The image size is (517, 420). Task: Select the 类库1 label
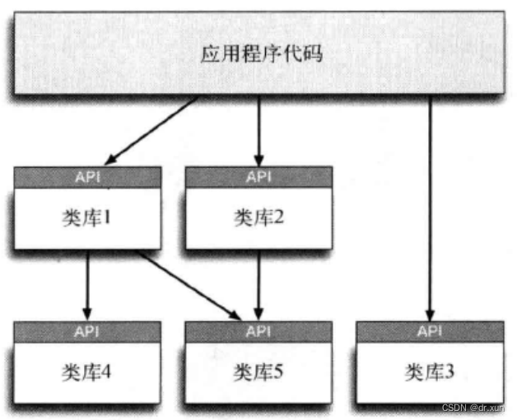86,217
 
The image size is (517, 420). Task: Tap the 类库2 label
258,217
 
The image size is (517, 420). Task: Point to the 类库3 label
429,371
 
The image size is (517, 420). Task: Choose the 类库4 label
86,371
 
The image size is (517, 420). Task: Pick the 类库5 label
258,371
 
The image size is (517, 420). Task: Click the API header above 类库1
86,176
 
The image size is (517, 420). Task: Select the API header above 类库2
258,176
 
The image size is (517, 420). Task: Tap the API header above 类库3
429,331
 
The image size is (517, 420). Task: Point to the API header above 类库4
86,331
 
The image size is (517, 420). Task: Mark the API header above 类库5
258,331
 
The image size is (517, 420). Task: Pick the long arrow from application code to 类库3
429,206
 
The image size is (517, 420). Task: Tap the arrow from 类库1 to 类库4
86,284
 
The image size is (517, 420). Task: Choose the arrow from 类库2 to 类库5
258,284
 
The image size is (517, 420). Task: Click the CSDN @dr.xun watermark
477,408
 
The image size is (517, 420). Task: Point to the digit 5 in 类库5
278,371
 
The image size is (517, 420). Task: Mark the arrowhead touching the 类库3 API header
429,315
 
